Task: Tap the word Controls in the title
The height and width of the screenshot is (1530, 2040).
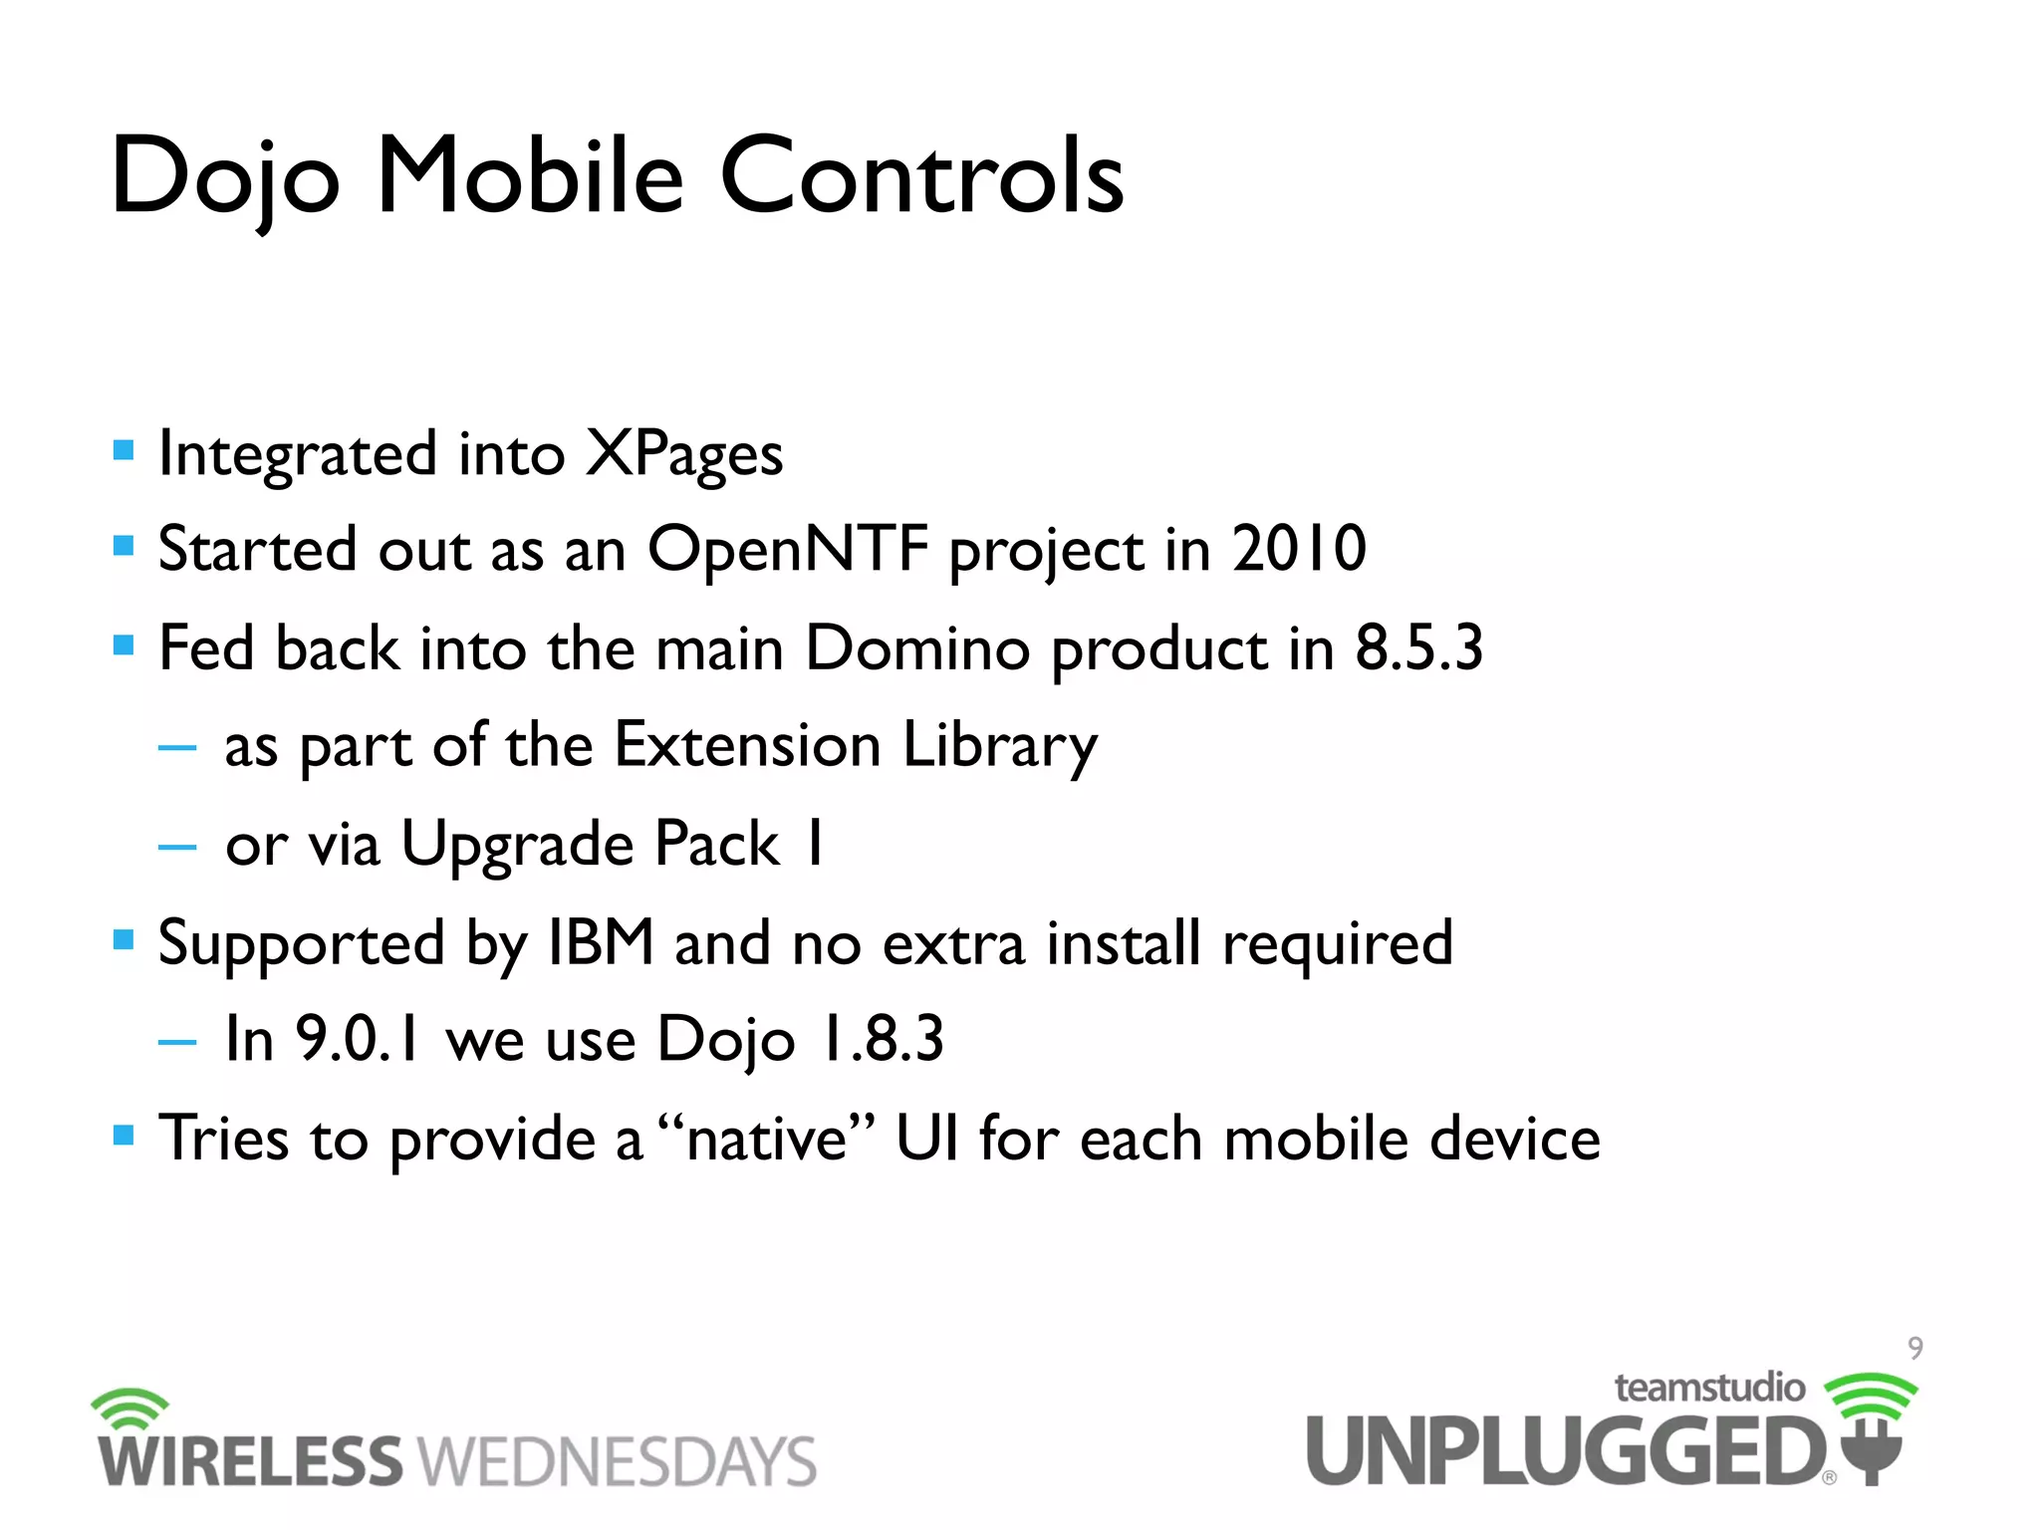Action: [921, 177]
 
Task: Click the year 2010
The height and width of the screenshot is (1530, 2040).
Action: [1299, 549]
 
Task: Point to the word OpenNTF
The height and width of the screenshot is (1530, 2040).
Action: [788, 549]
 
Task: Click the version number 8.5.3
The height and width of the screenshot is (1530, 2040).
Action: [1418, 647]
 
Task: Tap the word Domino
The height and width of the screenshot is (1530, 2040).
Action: [917, 647]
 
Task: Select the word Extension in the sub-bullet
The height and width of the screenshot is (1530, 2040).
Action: [747, 745]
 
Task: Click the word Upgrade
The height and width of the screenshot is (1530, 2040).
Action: [517, 845]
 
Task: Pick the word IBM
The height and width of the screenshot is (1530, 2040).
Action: [601, 942]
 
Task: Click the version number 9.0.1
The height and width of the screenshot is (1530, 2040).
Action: [358, 1039]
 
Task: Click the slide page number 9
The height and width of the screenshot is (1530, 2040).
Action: [1914, 1349]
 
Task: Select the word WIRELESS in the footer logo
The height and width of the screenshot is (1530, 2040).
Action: [250, 1461]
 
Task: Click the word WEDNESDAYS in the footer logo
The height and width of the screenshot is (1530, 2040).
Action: [617, 1461]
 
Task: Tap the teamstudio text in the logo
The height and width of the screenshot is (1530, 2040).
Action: [1709, 1388]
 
